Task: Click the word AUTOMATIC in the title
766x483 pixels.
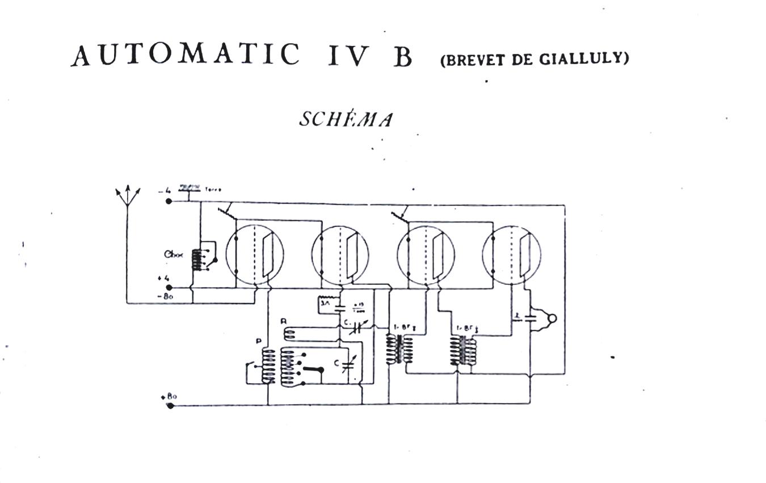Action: [186, 55]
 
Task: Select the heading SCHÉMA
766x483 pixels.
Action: [346, 119]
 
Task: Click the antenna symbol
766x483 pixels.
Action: [128, 196]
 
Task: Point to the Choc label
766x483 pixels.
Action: [174, 255]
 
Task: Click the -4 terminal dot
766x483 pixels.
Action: [169, 201]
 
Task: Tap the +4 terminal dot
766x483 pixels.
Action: [169, 288]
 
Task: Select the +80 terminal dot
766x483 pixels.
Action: [170, 405]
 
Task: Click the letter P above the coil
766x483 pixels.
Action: [259, 341]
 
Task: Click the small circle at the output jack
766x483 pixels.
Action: [552, 318]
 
